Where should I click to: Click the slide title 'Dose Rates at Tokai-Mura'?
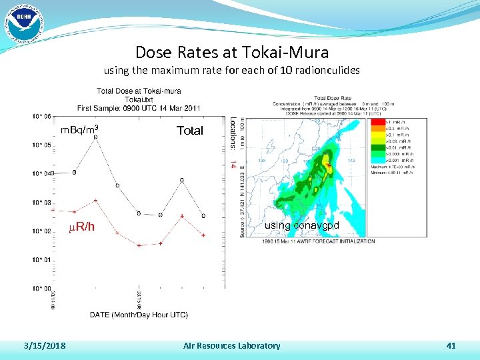tap(231, 51)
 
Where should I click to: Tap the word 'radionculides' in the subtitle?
tap(326, 70)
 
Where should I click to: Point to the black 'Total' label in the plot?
tap(189, 131)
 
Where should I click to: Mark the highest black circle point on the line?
tap(95, 137)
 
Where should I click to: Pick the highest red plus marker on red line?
tap(95, 200)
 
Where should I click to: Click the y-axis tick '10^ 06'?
tap(41, 116)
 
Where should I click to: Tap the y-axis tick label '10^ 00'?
tap(41, 289)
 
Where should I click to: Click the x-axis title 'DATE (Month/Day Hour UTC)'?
tap(139, 314)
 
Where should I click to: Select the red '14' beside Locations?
tap(232, 162)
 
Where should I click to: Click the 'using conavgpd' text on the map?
tap(301, 225)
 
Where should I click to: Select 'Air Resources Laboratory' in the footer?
tap(231, 345)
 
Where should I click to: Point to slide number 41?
tap(451, 345)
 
